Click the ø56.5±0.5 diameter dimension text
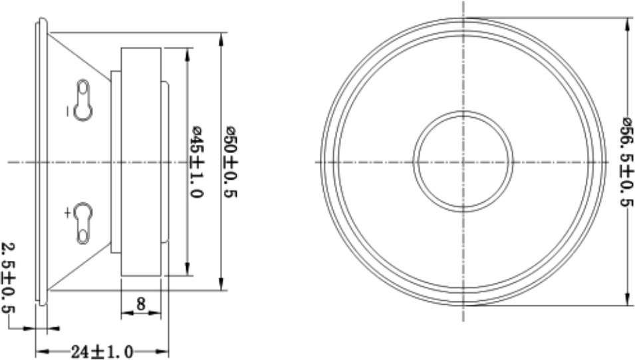[x=626, y=162]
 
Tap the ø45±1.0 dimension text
[x=197, y=162]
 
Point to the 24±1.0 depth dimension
[x=102, y=351]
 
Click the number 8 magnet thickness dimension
[x=141, y=303]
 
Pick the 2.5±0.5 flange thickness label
[x=8, y=277]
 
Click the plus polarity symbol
[x=68, y=212]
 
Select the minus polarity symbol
[x=68, y=110]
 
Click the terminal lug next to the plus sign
[x=83, y=223]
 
